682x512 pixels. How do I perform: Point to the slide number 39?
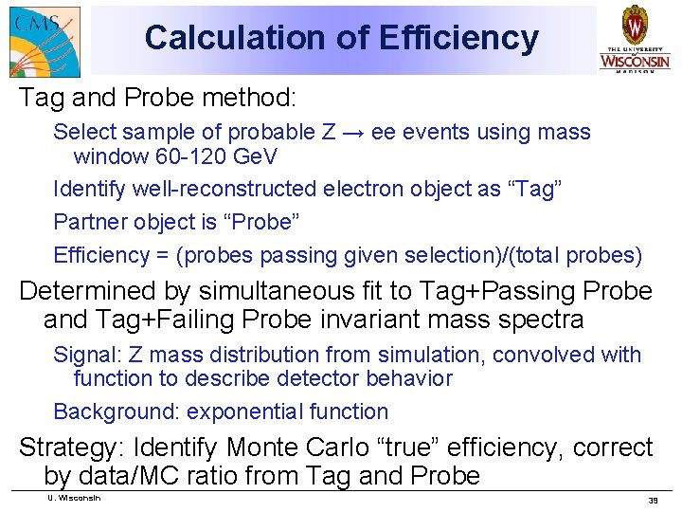tap(653, 500)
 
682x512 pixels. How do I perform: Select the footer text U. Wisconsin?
tap(73, 498)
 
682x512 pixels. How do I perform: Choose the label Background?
tap(117, 411)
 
